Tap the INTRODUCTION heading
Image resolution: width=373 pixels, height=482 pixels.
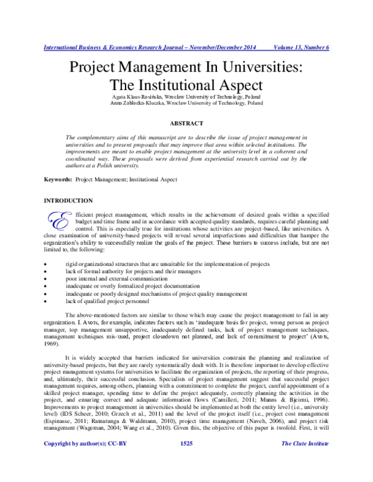coord(67,201)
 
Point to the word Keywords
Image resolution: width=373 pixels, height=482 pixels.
coord(57,180)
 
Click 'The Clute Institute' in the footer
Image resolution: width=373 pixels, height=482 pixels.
coord(305,462)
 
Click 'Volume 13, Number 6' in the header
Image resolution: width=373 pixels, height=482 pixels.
coord(301,47)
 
